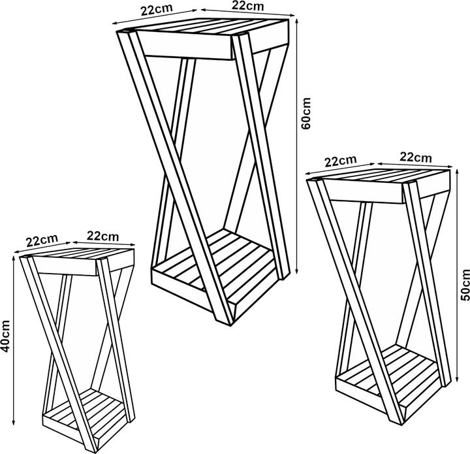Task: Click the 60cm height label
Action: click(x=306, y=113)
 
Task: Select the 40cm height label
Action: click(x=5, y=336)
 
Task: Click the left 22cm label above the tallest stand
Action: click(x=157, y=9)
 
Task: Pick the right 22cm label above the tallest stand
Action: click(x=247, y=6)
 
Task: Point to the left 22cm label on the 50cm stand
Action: click(x=341, y=161)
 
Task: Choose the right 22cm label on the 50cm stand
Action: click(x=416, y=157)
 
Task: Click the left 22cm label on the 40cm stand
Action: click(x=42, y=240)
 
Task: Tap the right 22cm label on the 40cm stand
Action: click(x=103, y=236)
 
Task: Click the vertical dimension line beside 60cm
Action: click(x=297, y=146)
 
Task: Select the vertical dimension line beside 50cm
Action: click(x=457, y=275)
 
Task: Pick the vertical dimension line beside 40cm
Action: click(x=13, y=340)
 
